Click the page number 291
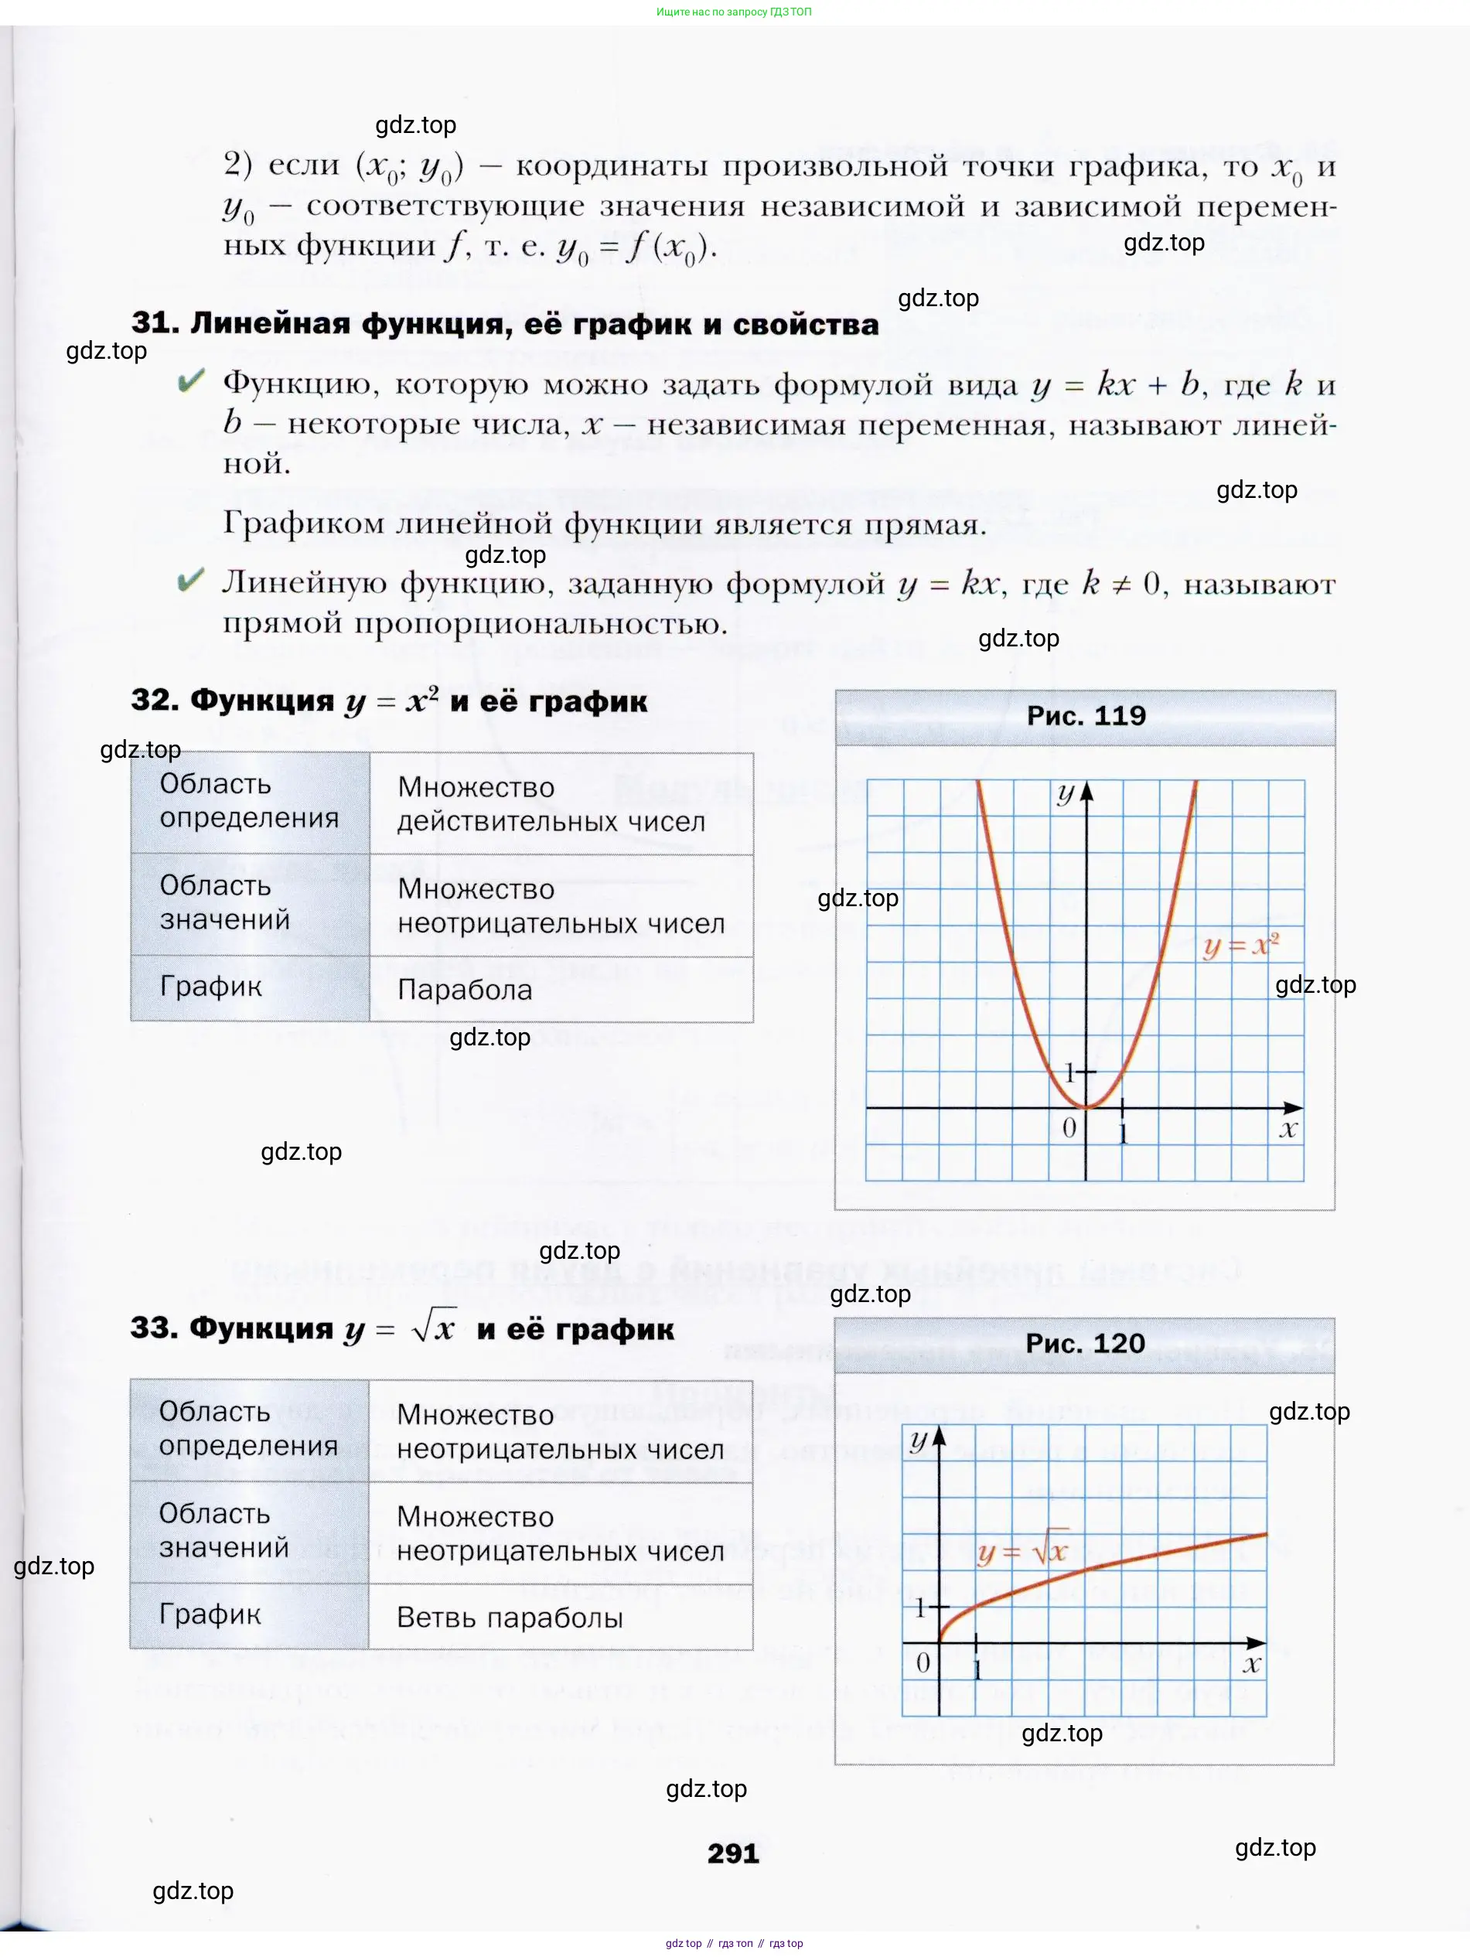733,1853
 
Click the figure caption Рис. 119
1086,716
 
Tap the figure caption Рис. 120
1085,1343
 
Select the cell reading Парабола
465,989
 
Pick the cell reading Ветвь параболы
510,1618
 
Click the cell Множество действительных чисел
551,804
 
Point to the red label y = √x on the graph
1023,1552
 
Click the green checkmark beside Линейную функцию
190,581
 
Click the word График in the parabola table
210,987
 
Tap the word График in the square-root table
210,1614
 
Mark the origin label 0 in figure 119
1069,1127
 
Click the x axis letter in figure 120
1250,1664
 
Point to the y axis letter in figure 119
1066,793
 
